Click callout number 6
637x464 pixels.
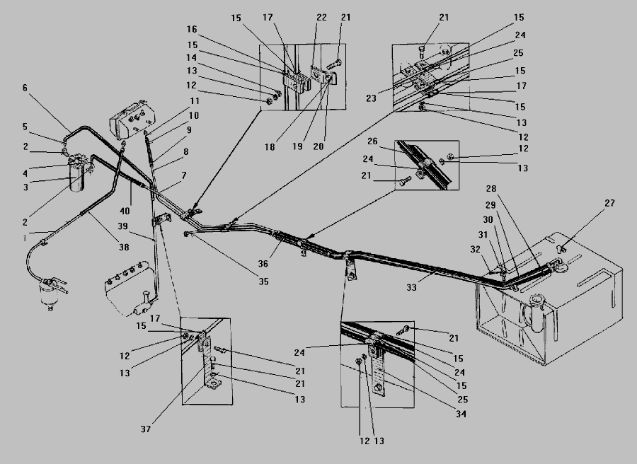click(x=25, y=88)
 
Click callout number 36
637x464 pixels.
click(x=264, y=263)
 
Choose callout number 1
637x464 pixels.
click(x=25, y=238)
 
